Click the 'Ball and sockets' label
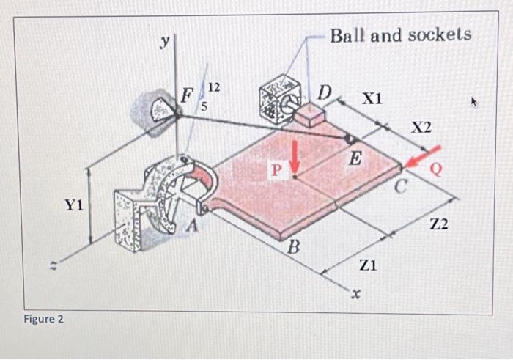coord(400,35)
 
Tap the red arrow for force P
coord(295,155)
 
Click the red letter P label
coord(276,170)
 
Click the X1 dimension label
coord(372,98)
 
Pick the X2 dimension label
coord(421,128)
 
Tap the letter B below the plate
coord(293,248)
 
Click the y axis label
coord(166,43)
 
